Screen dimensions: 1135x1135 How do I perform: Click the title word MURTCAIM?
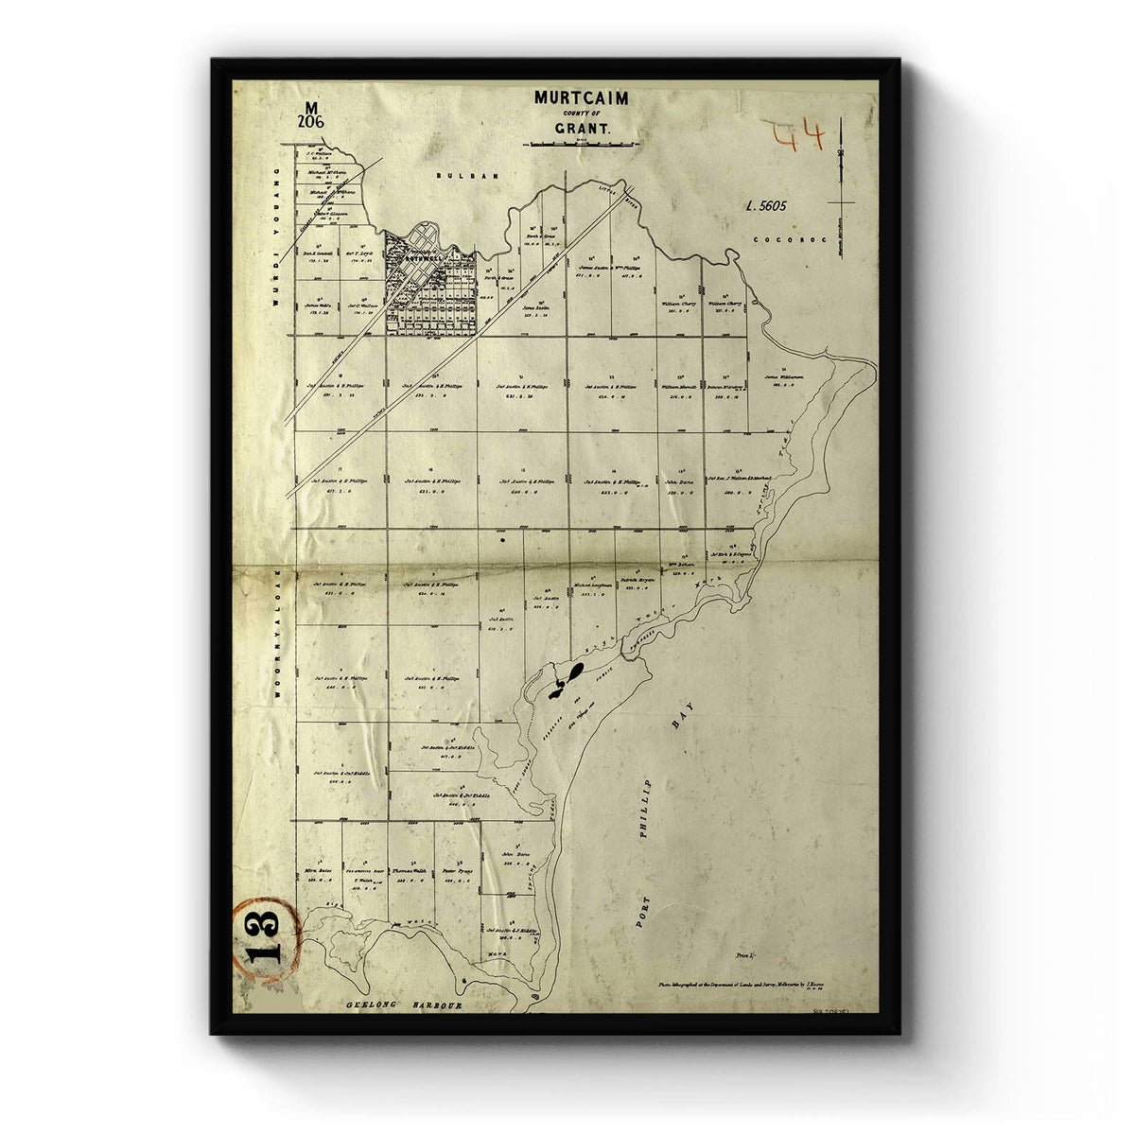coord(581,96)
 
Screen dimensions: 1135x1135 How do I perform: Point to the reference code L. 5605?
coord(765,204)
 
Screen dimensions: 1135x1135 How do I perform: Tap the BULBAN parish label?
coord(453,177)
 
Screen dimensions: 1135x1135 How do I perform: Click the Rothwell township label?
coord(418,256)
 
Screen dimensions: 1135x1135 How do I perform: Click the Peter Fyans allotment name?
coord(456,871)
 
